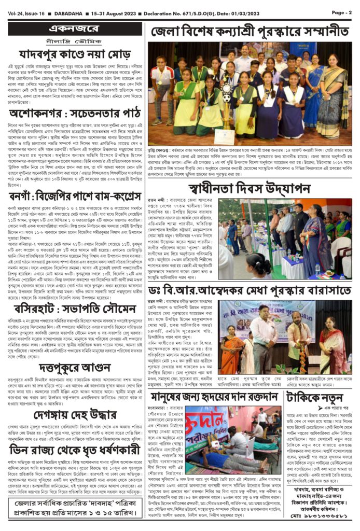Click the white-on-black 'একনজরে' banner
tap(76, 28)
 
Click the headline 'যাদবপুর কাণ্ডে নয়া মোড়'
tap(76, 54)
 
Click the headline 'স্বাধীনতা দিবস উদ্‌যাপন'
tap(251, 187)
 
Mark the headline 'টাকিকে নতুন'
tap(319, 398)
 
